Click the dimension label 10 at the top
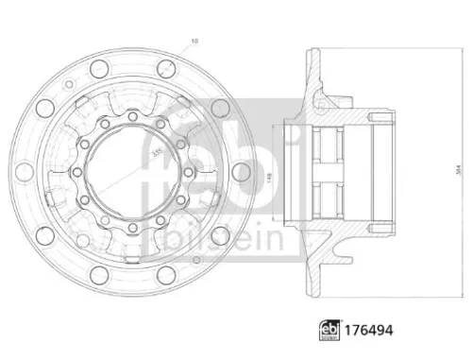coord(194,40)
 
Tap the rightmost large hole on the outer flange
coord(241,171)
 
